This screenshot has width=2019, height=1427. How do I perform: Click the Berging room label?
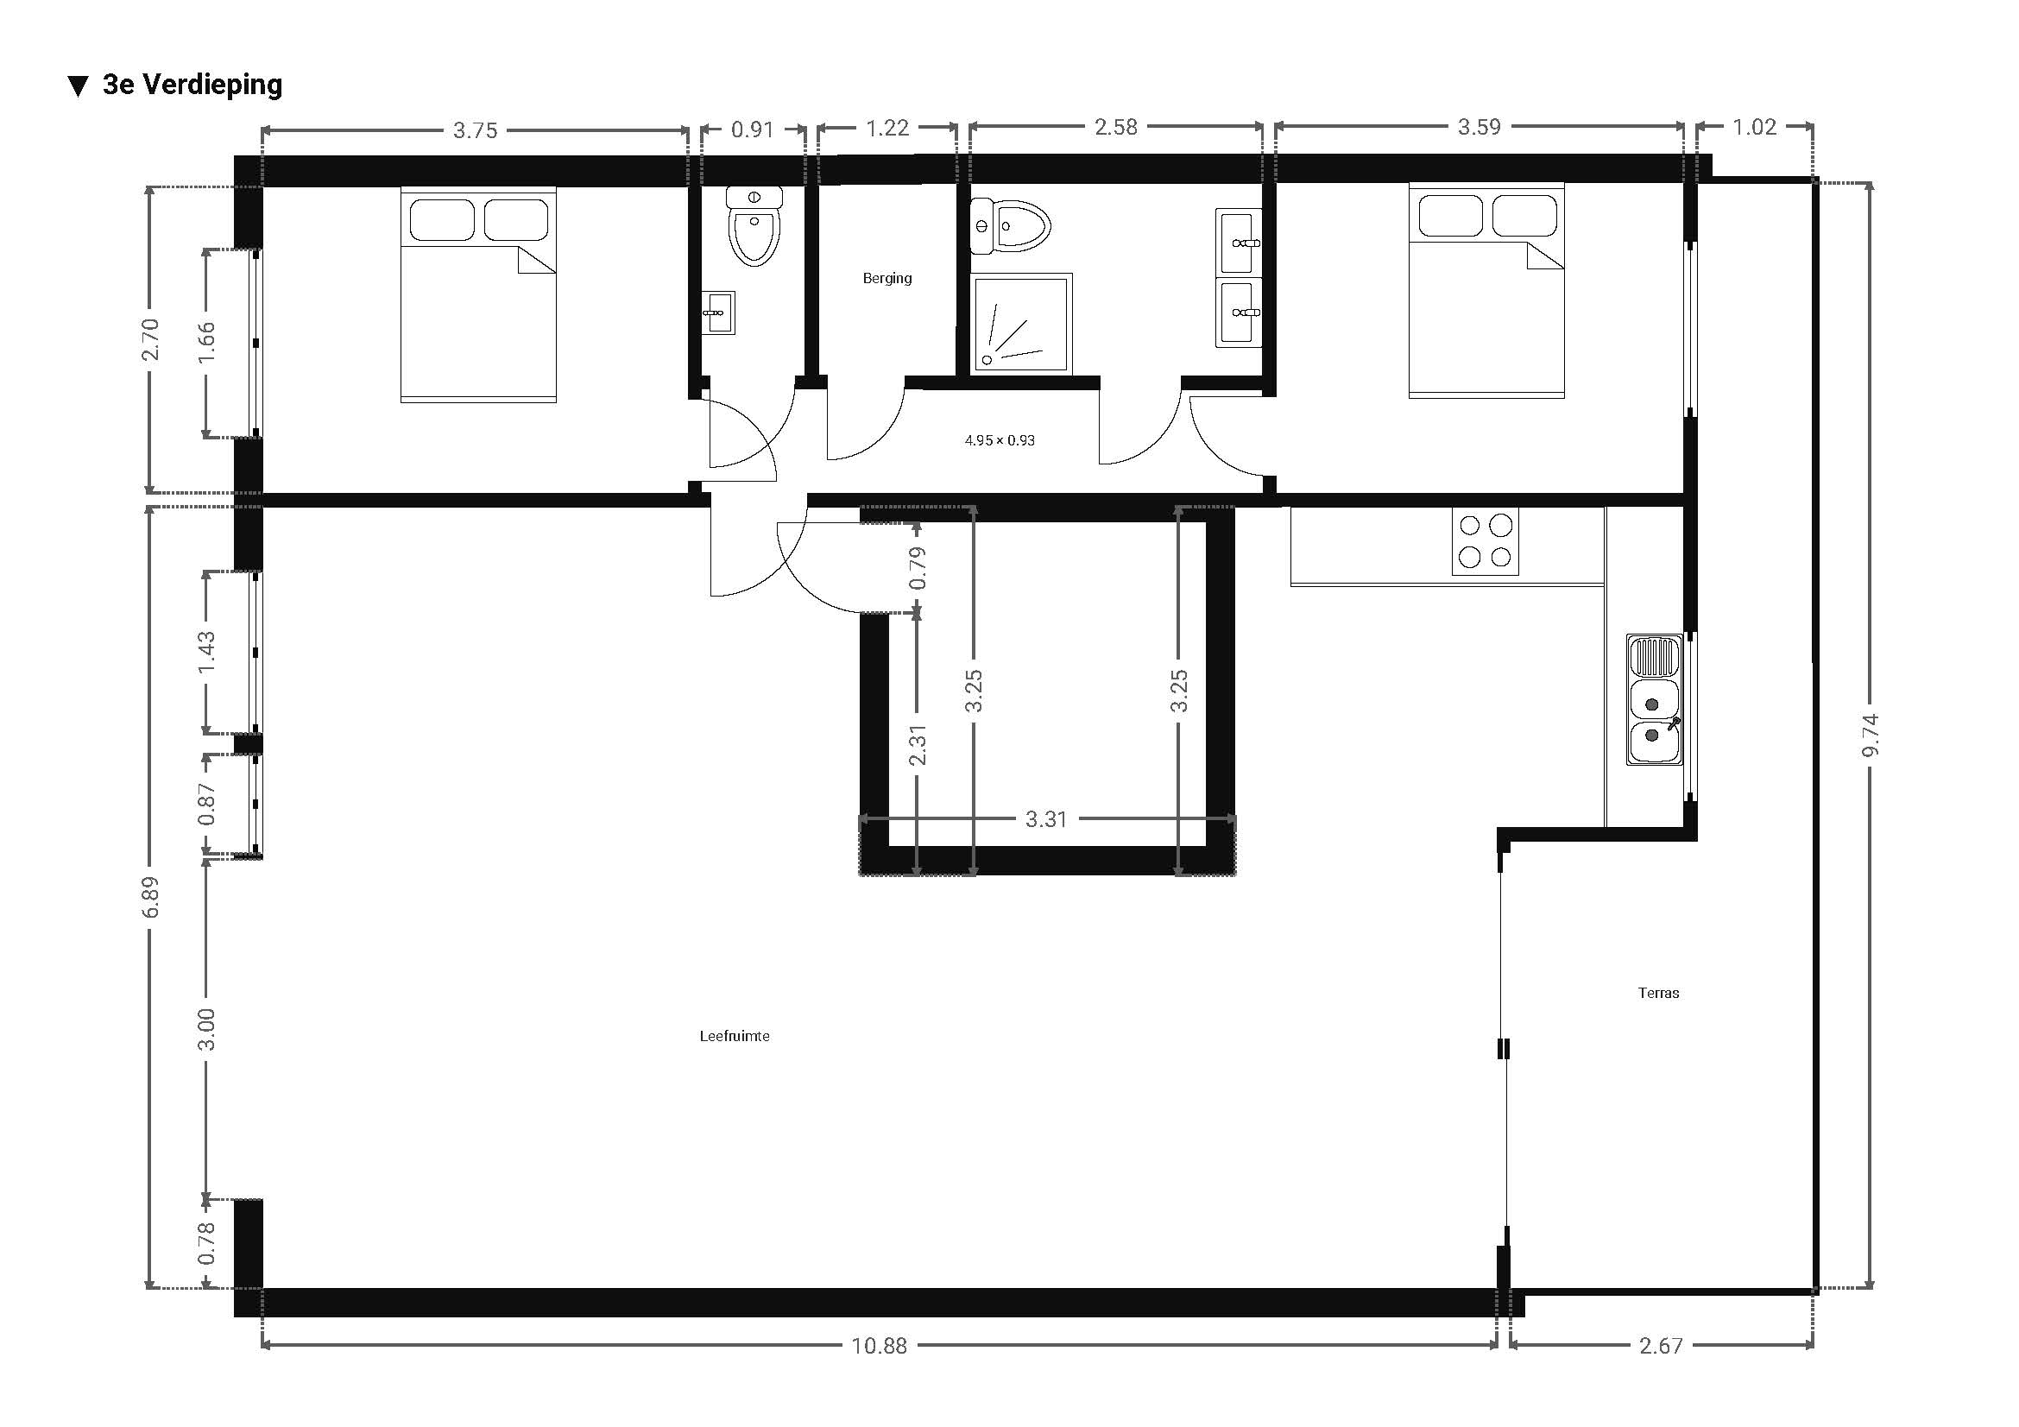(x=886, y=278)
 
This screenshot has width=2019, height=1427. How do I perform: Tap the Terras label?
(x=1658, y=993)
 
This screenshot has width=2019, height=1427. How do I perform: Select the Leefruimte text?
(x=735, y=1036)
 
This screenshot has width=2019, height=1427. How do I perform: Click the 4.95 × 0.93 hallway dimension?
(x=1000, y=439)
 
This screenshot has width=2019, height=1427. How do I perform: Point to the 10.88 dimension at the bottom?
(x=879, y=1345)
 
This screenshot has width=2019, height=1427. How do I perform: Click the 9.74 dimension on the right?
(x=1870, y=734)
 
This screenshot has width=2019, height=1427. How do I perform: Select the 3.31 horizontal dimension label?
(x=1045, y=818)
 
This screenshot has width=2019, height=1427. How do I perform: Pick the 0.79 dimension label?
(x=918, y=568)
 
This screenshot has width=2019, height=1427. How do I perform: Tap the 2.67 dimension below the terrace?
(x=1661, y=1345)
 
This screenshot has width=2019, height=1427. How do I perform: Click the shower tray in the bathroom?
(x=1022, y=323)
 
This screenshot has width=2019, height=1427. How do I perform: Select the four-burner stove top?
(x=1486, y=541)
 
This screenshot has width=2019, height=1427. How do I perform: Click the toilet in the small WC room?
(x=754, y=226)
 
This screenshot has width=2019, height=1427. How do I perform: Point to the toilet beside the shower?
(x=1011, y=226)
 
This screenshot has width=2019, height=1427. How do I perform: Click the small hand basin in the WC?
(x=718, y=313)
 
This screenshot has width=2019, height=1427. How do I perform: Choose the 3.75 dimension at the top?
(x=475, y=130)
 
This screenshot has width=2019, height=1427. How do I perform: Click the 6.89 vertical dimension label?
(x=151, y=897)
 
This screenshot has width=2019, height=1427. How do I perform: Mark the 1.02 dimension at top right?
(x=1754, y=127)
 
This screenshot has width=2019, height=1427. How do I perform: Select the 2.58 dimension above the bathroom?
(x=1116, y=127)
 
